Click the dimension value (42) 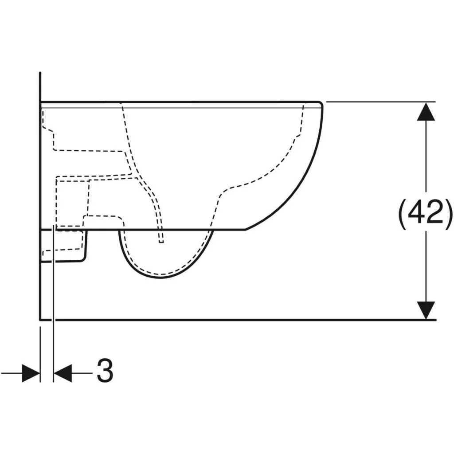tap(425, 214)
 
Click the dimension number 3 tap(105, 371)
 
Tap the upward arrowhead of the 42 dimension tap(426, 111)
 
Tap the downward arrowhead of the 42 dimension tap(426, 310)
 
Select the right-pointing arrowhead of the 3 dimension tap(31, 373)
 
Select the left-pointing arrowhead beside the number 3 tap(63, 373)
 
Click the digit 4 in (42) tap(417, 211)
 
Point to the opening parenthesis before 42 tap(403, 214)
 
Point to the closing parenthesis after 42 tap(449, 214)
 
